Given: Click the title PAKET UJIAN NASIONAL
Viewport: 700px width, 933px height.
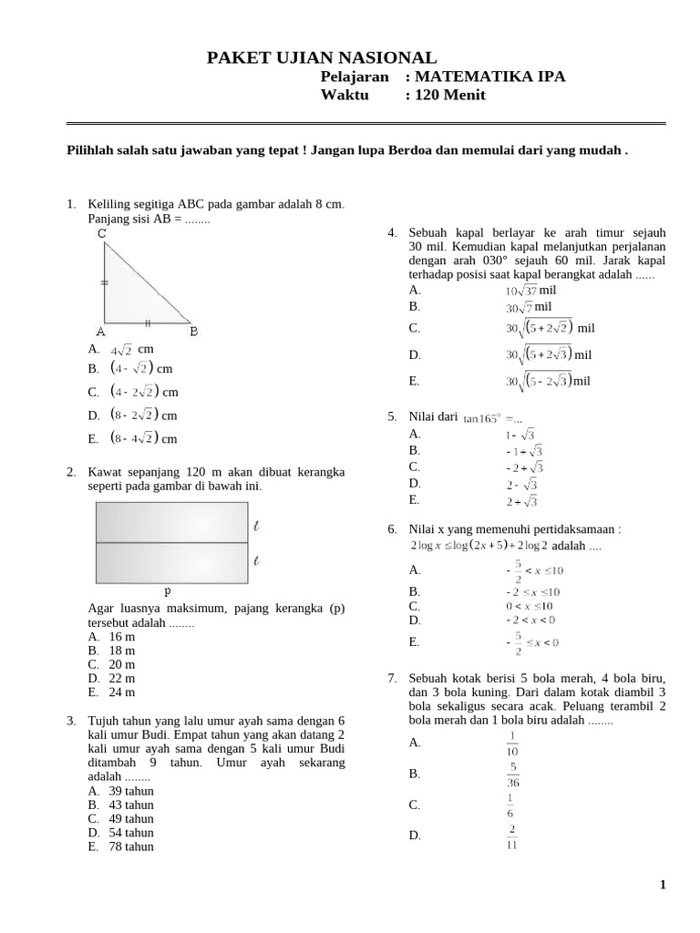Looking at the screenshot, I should pyautogui.click(x=322, y=58).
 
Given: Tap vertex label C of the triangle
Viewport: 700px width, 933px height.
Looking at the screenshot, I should pyautogui.click(x=102, y=234).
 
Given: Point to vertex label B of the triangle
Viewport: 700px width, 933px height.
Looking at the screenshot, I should pyautogui.click(x=193, y=333).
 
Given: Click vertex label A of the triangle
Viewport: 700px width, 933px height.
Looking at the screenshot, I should pyautogui.click(x=100, y=333).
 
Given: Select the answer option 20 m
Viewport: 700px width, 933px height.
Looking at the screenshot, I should pyautogui.click(x=121, y=665).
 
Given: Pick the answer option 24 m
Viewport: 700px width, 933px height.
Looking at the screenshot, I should pyautogui.click(x=121, y=692).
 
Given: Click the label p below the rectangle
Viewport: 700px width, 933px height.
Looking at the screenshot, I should pyautogui.click(x=169, y=590).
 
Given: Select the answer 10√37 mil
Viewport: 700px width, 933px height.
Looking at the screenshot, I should pyautogui.click(x=537, y=291).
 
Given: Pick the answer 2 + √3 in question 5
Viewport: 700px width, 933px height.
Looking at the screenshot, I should pyautogui.click(x=521, y=501).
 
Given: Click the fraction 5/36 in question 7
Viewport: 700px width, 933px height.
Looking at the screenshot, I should pyautogui.click(x=513, y=774).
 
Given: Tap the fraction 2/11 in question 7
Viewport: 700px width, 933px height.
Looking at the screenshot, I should pyautogui.click(x=513, y=836).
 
